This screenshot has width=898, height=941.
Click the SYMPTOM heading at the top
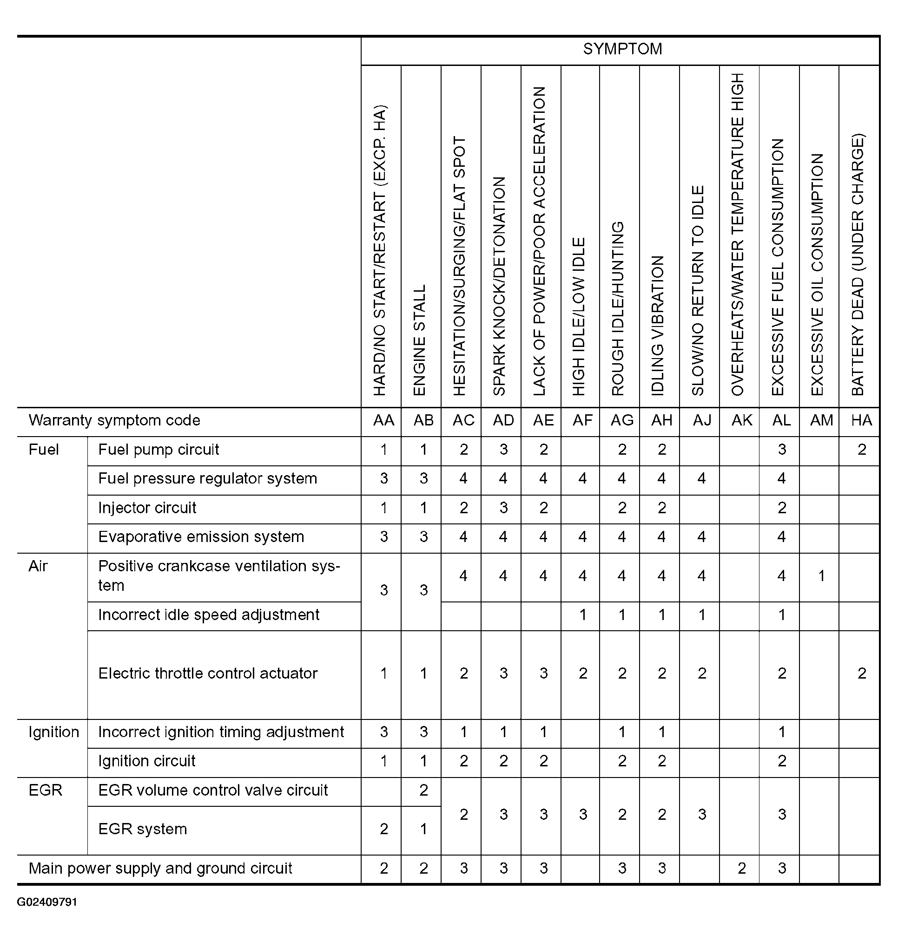622,49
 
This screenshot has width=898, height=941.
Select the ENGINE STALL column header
419,340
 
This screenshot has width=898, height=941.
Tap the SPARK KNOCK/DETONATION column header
499,286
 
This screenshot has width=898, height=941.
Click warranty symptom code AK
742,420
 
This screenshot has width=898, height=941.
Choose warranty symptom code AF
582,420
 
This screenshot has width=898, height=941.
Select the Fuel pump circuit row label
158,450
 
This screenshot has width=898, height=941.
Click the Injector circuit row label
147,508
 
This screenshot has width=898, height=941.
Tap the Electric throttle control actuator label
208,673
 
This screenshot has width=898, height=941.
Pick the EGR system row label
143,829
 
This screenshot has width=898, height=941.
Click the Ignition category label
53,732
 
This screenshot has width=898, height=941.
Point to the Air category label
38,567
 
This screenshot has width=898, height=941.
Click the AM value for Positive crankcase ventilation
821,576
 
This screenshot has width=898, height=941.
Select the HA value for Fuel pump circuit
862,450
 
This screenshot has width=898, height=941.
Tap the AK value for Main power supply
742,868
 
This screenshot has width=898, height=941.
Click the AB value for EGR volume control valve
423,791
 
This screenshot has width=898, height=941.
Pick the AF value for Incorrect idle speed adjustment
582,615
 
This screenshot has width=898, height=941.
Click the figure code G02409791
47,902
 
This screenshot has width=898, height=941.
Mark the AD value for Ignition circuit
503,761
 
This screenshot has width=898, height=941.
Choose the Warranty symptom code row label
114,420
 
